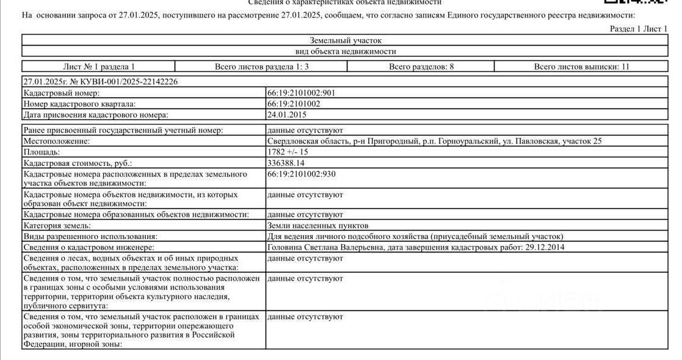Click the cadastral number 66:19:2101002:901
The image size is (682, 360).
point(301,93)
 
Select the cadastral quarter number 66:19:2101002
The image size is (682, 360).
point(294,104)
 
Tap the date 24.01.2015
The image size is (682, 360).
point(286,114)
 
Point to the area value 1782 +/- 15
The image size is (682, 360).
point(288,151)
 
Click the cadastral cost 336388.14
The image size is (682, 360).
point(286,163)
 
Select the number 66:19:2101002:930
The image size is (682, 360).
point(301,174)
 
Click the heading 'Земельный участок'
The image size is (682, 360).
point(345,40)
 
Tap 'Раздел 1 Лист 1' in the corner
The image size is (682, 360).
point(639,29)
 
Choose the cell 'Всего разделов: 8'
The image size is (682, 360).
point(421,67)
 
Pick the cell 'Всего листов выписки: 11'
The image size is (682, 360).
point(581,67)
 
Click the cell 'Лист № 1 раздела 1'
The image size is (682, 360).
point(99,67)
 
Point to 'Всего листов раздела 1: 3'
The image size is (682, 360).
point(261,67)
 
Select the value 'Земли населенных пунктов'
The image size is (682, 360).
point(317,226)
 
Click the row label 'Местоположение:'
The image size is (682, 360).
point(56,141)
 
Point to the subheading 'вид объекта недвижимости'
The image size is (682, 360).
point(345,51)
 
